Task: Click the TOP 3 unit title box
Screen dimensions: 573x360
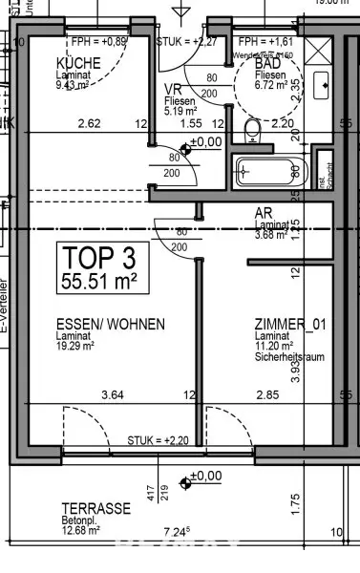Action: [100, 268]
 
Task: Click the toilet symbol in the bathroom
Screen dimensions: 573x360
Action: [253, 129]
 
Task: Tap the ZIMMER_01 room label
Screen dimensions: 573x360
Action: [290, 325]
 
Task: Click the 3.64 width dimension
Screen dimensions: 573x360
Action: [114, 395]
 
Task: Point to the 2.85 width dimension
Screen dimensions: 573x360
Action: [266, 395]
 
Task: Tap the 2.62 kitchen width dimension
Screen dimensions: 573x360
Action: [90, 123]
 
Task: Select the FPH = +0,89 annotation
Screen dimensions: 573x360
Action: [98, 43]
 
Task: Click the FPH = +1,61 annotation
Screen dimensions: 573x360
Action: [266, 43]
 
